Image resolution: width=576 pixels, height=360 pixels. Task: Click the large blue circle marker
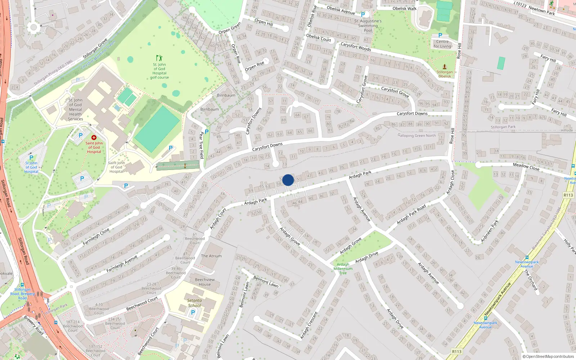point(288,180)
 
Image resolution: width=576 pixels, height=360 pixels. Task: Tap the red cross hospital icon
point(94,138)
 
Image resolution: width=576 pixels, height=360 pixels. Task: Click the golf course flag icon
point(159,58)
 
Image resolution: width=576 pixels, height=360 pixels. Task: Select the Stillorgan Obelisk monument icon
point(445,67)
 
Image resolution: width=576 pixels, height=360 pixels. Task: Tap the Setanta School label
point(194,303)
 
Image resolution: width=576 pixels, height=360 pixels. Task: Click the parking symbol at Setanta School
point(193,312)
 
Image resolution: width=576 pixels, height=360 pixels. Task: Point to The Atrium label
point(211,256)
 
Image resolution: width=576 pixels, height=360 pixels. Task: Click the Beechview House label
point(205,282)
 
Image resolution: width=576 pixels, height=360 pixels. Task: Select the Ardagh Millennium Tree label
point(343,269)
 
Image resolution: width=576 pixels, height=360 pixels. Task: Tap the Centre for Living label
point(442,44)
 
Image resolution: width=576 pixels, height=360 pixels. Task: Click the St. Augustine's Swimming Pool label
point(368,26)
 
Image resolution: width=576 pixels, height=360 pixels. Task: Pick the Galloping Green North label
point(417,136)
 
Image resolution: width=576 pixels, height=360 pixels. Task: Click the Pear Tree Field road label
point(201,145)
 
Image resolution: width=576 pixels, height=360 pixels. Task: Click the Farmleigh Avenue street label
point(122,264)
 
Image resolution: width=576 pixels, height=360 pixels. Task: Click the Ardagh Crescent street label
point(309,325)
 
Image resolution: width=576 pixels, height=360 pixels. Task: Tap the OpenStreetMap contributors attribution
point(548,356)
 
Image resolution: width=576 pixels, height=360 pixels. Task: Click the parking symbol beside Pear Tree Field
point(207,132)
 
